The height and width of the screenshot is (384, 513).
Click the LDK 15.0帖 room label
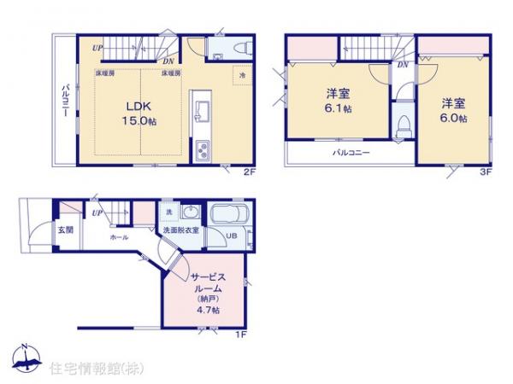[139, 113]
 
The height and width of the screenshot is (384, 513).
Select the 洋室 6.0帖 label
[454, 111]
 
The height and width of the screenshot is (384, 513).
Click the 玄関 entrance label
[66, 230]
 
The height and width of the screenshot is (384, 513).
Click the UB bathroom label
[230, 236]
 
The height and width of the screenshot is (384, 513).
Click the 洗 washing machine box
[168, 212]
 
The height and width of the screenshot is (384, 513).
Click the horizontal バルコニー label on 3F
[351, 153]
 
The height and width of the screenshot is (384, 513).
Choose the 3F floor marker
[484, 171]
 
